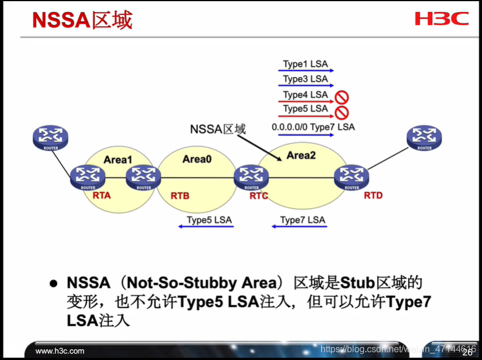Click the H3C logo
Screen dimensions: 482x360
tap(441, 19)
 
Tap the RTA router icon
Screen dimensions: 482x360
tap(88, 177)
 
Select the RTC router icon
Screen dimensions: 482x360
tap(251, 177)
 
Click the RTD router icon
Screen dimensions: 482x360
tap(351, 177)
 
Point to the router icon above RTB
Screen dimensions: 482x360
tap(143, 177)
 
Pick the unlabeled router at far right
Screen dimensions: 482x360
tap(425, 138)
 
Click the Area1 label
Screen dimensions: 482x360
tap(118, 160)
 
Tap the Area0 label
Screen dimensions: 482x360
tap(197, 159)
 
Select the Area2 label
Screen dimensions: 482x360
tap(301, 155)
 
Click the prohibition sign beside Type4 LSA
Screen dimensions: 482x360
tap(342, 97)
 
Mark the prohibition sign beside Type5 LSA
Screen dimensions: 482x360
tap(342, 111)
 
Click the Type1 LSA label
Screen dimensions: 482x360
tap(305, 64)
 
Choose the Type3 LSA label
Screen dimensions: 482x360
tap(305, 79)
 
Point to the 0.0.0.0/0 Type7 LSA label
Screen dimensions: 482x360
tap(313, 126)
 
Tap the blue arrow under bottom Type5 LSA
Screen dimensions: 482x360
tap(206, 227)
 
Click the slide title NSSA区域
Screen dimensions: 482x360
tap(82, 19)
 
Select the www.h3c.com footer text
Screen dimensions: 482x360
tap(60, 350)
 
